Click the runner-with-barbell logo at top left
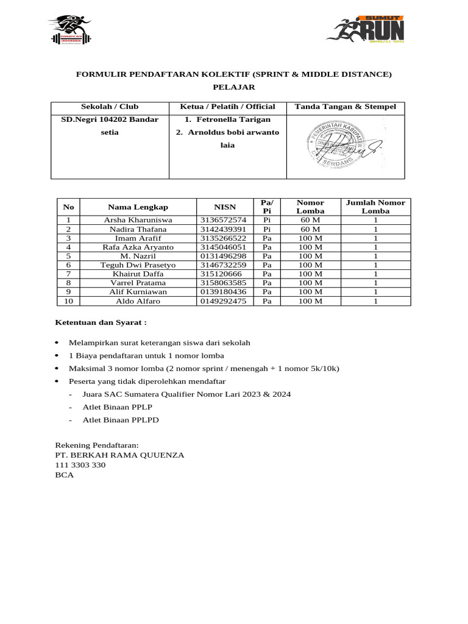pyautogui.click(x=69, y=29)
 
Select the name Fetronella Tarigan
pyautogui.click(x=227, y=119)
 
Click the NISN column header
pyautogui.click(x=225, y=207)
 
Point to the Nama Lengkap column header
pyautogui.click(x=138, y=207)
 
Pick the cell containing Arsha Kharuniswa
pyautogui.click(x=138, y=220)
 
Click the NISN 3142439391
pyautogui.click(x=223, y=229)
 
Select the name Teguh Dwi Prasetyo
pyautogui.click(x=138, y=265)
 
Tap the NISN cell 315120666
pyautogui.click(x=221, y=274)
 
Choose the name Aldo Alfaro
pyautogui.click(x=138, y=301)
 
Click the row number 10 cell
pyautogui.click(x=68, y=301)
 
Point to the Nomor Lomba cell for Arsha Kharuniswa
pyautogui.click(x=310, y=220)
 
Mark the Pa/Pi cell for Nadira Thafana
pyautogui.click(x=266, y=229)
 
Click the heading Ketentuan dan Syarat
pyautogui.click(x=101, y=322)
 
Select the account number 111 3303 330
pyautogui.click(x=80, y=465)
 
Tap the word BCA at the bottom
pyautogui.click(x=64, y=475)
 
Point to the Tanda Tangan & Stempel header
pyautogui.click(x=345, y=107)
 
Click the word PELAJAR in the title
pyautogui.click(x=233, y=88)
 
